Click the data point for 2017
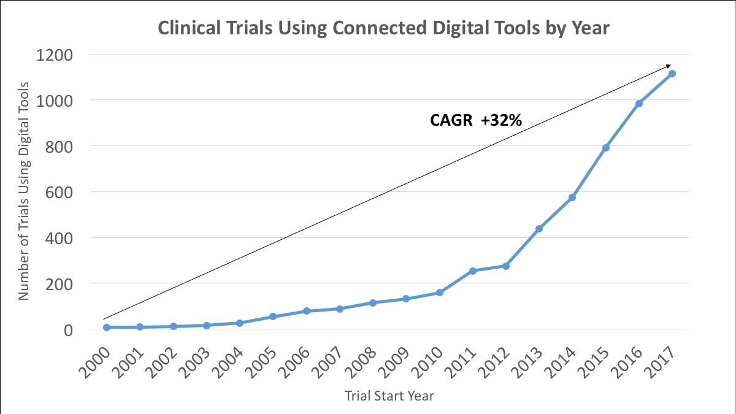672,74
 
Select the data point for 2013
539,229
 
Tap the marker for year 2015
606,148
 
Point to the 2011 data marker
472,271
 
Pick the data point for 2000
107,328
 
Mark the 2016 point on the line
639,104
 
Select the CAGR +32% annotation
475,121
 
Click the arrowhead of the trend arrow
669,66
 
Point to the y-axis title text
23,192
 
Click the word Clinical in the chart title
190,29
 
